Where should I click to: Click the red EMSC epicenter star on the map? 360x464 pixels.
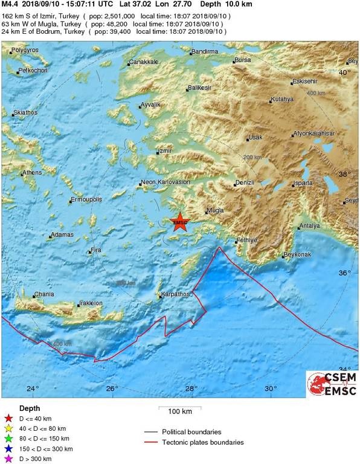coord(179,222)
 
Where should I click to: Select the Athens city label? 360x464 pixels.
coord(31,173)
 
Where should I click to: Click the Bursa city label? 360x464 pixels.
coord(243,60)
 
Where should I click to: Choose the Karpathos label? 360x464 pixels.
coord(175,294)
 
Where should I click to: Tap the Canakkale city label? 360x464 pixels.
coord(145,62)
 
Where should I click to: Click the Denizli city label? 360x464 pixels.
coord(245,182)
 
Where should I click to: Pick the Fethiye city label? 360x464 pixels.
coord(246,240)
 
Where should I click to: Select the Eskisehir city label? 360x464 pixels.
coord(304,82)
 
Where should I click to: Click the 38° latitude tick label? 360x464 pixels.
coord(344,174)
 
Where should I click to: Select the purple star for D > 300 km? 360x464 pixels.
coord(8,459)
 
